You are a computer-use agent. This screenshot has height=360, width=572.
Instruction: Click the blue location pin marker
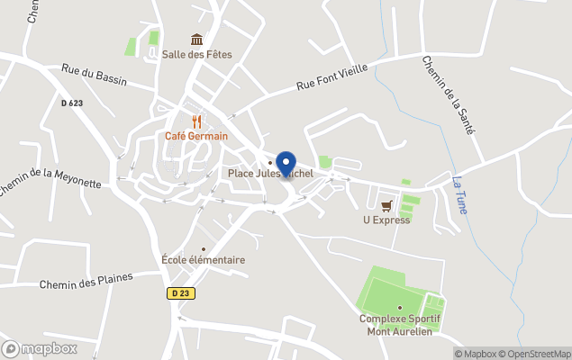click(x=286, y=164)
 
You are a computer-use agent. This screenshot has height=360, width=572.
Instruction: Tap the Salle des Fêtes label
click(x=196, y=54)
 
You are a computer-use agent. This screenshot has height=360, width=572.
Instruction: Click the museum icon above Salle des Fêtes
click(x=196, y=39)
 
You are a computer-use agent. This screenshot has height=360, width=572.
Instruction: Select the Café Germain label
click(x=196, y=136)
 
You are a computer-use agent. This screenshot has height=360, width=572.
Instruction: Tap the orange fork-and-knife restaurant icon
click(x=196, y=121)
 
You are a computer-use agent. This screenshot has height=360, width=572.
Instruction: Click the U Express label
click(x=386, y=220)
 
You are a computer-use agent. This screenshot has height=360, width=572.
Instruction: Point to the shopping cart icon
click(x=386, y=205)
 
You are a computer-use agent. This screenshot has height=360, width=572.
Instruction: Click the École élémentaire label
click(x=203, y=260)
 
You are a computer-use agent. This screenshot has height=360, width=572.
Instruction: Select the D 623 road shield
click(x=72, y=103)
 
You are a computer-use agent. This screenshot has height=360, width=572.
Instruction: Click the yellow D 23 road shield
click(x=179, y=292)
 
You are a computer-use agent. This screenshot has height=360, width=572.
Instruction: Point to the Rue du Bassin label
click(x=94, y=76)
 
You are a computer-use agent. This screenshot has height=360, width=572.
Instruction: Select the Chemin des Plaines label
click(x=86, y=281)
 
